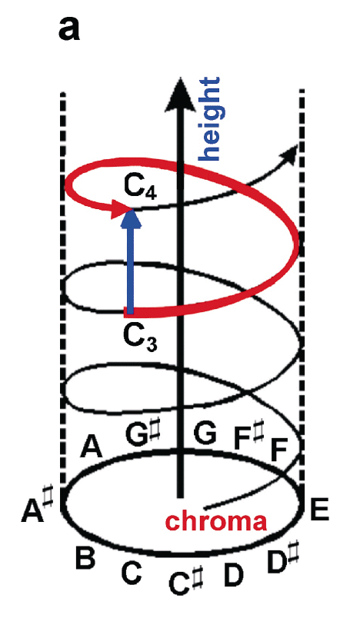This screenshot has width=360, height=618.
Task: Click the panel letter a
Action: pos(69,29)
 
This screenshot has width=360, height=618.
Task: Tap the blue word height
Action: pos(210,118)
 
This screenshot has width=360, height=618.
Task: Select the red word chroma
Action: pos(216,521)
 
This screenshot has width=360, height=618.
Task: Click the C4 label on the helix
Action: pos(140,187)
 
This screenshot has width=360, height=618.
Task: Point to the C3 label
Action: pos(140,338)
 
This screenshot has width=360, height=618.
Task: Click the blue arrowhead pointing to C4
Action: pos(131,218)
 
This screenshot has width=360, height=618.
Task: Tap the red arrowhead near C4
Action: pos(119,208)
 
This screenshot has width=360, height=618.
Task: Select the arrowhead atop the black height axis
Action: pos(180,94)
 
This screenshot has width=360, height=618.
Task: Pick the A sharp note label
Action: pos(38,509)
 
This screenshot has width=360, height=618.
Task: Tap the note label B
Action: pos(85,558)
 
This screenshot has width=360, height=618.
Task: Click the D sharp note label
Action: pos(282,563)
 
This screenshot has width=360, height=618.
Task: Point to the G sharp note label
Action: pos(143,434)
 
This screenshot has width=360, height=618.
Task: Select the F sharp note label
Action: pos(248,436)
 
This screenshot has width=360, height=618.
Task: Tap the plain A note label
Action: pos(91,447)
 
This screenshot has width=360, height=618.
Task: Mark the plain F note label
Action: pos(278,450)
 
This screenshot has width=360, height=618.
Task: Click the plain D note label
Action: pos(234,575)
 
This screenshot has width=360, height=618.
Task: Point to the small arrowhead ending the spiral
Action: pos(292,153)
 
